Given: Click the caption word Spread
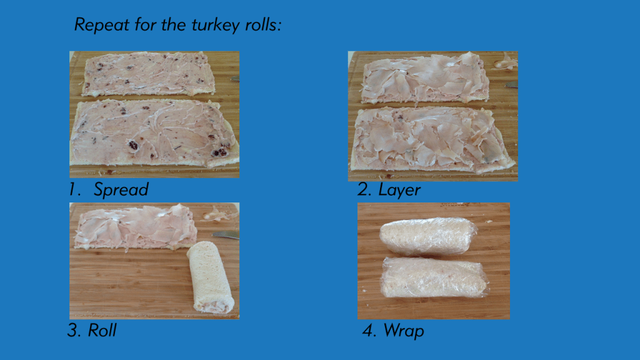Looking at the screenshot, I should click(121, 190).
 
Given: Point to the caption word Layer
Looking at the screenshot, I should click(399, 190).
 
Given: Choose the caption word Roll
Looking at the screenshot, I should click(102, 331).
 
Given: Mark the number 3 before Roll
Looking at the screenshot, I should click(74, 331).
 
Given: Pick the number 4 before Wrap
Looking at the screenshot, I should click(369, 331).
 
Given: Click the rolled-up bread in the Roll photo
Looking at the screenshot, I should click(210, 275).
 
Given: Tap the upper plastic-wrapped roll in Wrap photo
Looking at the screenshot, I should click(427, 236).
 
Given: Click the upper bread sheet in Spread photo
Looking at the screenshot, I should click(149, 74).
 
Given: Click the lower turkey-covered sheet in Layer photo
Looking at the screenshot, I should click(431, 139).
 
